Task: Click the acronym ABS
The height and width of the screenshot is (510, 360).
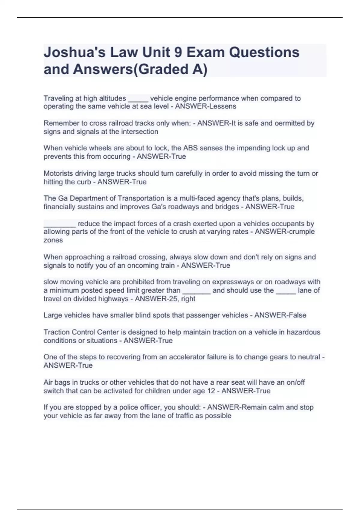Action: pos(190,148)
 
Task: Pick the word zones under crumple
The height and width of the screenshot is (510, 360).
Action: pos(53,240)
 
